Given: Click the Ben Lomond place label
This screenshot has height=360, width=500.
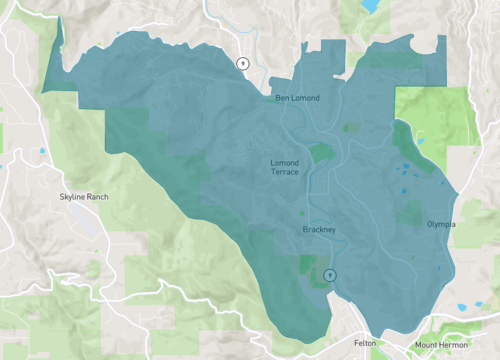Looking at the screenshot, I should (298, 98).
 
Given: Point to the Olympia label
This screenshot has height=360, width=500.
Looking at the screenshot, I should (440, 224).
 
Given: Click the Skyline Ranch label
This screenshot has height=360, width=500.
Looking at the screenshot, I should (84, 197).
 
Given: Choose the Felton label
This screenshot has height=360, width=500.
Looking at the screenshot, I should (366, 342).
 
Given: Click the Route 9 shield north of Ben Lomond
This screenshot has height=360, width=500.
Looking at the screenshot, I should (242, 63).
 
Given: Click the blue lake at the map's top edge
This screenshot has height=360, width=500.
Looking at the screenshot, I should (370, 5).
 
